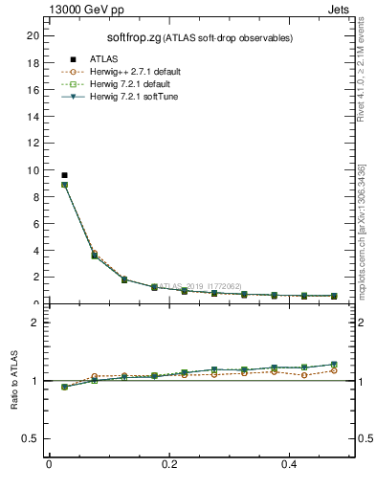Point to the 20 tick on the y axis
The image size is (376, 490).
(33, 35)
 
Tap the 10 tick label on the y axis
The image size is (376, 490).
(33, 170)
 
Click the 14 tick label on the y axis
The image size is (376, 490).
(33, 117)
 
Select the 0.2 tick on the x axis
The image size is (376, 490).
(169, 464)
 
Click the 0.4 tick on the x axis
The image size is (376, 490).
(290, 464)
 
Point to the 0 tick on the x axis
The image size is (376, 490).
(49, 464)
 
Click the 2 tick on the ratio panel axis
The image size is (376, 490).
(35, 323)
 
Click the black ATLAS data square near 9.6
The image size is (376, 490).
(64, 175)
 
